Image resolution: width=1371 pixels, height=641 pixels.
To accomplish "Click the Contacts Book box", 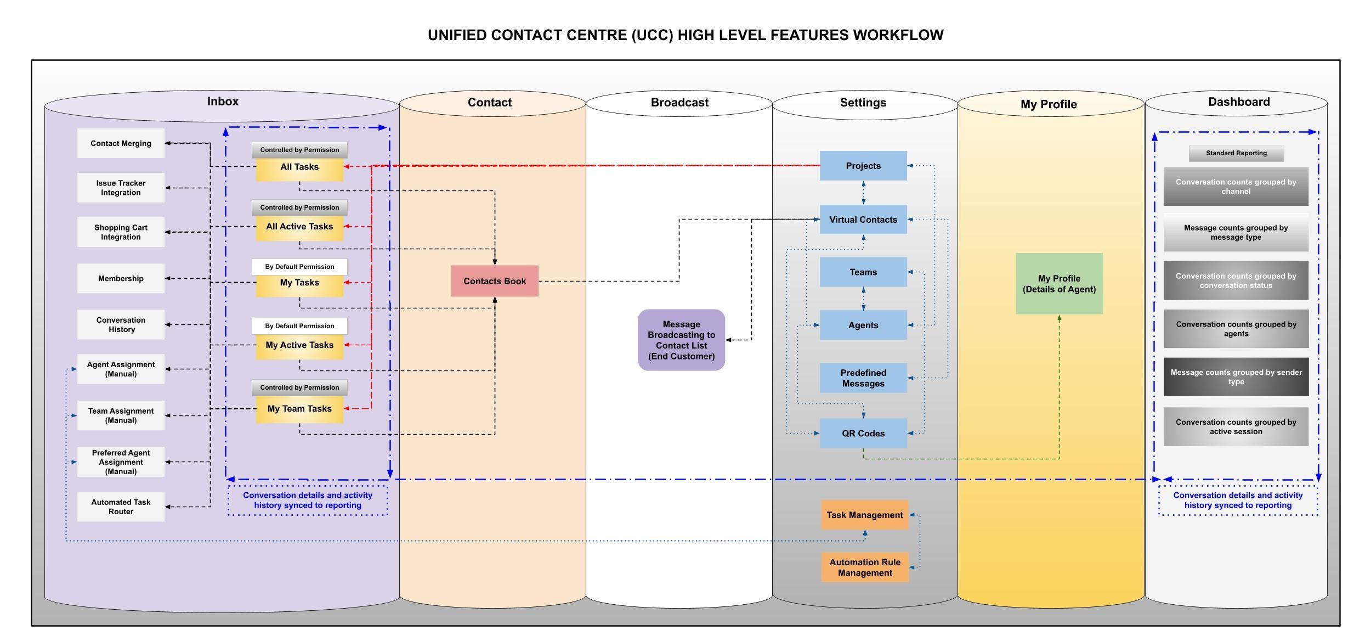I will [x=495, y=281].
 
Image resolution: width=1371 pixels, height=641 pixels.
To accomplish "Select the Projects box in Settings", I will [x=863, y=166].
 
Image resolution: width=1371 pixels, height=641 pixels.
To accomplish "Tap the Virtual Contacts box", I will [x=863, y=220].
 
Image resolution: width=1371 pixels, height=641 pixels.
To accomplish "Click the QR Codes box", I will [x=863, y=434].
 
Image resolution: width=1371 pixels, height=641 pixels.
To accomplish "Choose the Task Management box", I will [x=865, y=515].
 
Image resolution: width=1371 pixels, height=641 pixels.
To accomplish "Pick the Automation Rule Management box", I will [x=865, y=567].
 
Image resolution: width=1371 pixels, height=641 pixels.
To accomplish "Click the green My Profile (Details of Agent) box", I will [x=1059, y=284].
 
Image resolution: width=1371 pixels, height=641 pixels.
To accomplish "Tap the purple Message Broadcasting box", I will [x=681, y=340].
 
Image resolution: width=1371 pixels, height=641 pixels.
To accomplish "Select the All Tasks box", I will [x=299, y=167].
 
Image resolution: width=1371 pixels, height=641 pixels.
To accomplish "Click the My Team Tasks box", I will [x=299, y=409].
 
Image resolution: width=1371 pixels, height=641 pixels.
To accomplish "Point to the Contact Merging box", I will [x=121, y=143].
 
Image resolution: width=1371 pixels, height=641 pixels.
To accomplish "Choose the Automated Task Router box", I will [x=121, y=507].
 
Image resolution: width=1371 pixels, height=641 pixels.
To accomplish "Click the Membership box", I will [x=121, y=278].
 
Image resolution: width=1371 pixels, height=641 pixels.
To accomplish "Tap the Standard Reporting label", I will [x=1236, y=153].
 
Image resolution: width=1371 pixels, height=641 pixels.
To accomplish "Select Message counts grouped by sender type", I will [x=1236, y=377].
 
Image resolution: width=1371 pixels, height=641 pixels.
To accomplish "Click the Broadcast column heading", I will [x=679, y=103].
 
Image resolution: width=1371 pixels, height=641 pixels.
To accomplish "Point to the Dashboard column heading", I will [x=1239, y=102].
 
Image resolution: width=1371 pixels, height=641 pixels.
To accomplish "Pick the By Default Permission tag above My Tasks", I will [x=299, y=267].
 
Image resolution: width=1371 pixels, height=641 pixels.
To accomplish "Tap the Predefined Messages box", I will [x=863, y=378].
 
